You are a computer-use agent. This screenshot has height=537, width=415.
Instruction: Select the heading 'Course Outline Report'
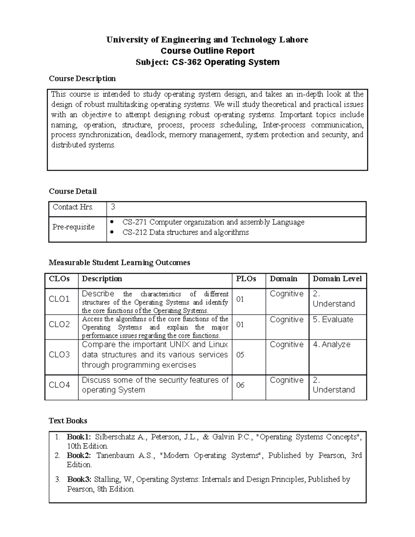(207, 51)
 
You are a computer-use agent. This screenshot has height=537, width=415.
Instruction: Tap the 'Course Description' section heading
(82, 78)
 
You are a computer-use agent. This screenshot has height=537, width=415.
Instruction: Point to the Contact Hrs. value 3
(113, 207)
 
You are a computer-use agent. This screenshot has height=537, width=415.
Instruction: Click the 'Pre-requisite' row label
(73, 227)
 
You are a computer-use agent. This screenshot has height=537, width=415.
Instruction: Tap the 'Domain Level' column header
(337, 279)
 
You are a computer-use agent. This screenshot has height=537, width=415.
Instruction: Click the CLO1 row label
(59, 299)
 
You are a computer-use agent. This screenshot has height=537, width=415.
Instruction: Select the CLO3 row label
(59, 355)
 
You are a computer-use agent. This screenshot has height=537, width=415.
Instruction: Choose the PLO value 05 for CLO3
(240, 355)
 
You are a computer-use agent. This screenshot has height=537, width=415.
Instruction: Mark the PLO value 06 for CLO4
(240, 385)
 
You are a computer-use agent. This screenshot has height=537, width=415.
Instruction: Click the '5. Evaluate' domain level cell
(333, 320)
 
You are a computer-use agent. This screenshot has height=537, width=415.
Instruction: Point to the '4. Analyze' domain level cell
(332, 345)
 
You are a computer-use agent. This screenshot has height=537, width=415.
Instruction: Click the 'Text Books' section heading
(68, 421)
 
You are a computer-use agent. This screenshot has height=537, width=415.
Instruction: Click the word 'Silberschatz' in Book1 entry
(116, 437)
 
